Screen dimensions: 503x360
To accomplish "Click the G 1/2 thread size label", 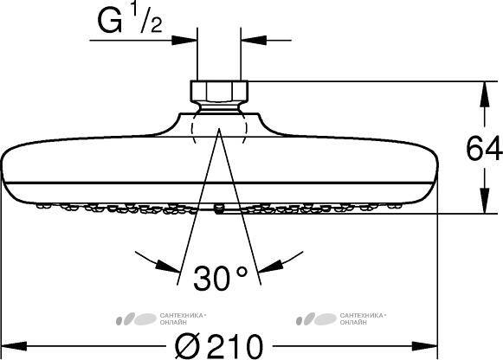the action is click(x=130, y=20).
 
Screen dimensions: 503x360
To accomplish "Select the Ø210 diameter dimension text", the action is click(x=219, y=346).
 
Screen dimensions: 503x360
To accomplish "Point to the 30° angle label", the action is click(x=221, y=278).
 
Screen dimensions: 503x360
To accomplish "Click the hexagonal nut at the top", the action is click(x=219, y=91).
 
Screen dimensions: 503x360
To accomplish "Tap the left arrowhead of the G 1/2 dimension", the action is click(x=184, y=41).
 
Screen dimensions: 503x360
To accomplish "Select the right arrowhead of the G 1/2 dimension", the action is click(x=254, y=41).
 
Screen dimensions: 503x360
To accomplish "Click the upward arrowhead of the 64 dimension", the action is click(x=485, y=93).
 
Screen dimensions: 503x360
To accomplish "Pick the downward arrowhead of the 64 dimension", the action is click(x=485, y=202).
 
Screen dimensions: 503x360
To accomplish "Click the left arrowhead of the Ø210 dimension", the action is click(x=14, y=346).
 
